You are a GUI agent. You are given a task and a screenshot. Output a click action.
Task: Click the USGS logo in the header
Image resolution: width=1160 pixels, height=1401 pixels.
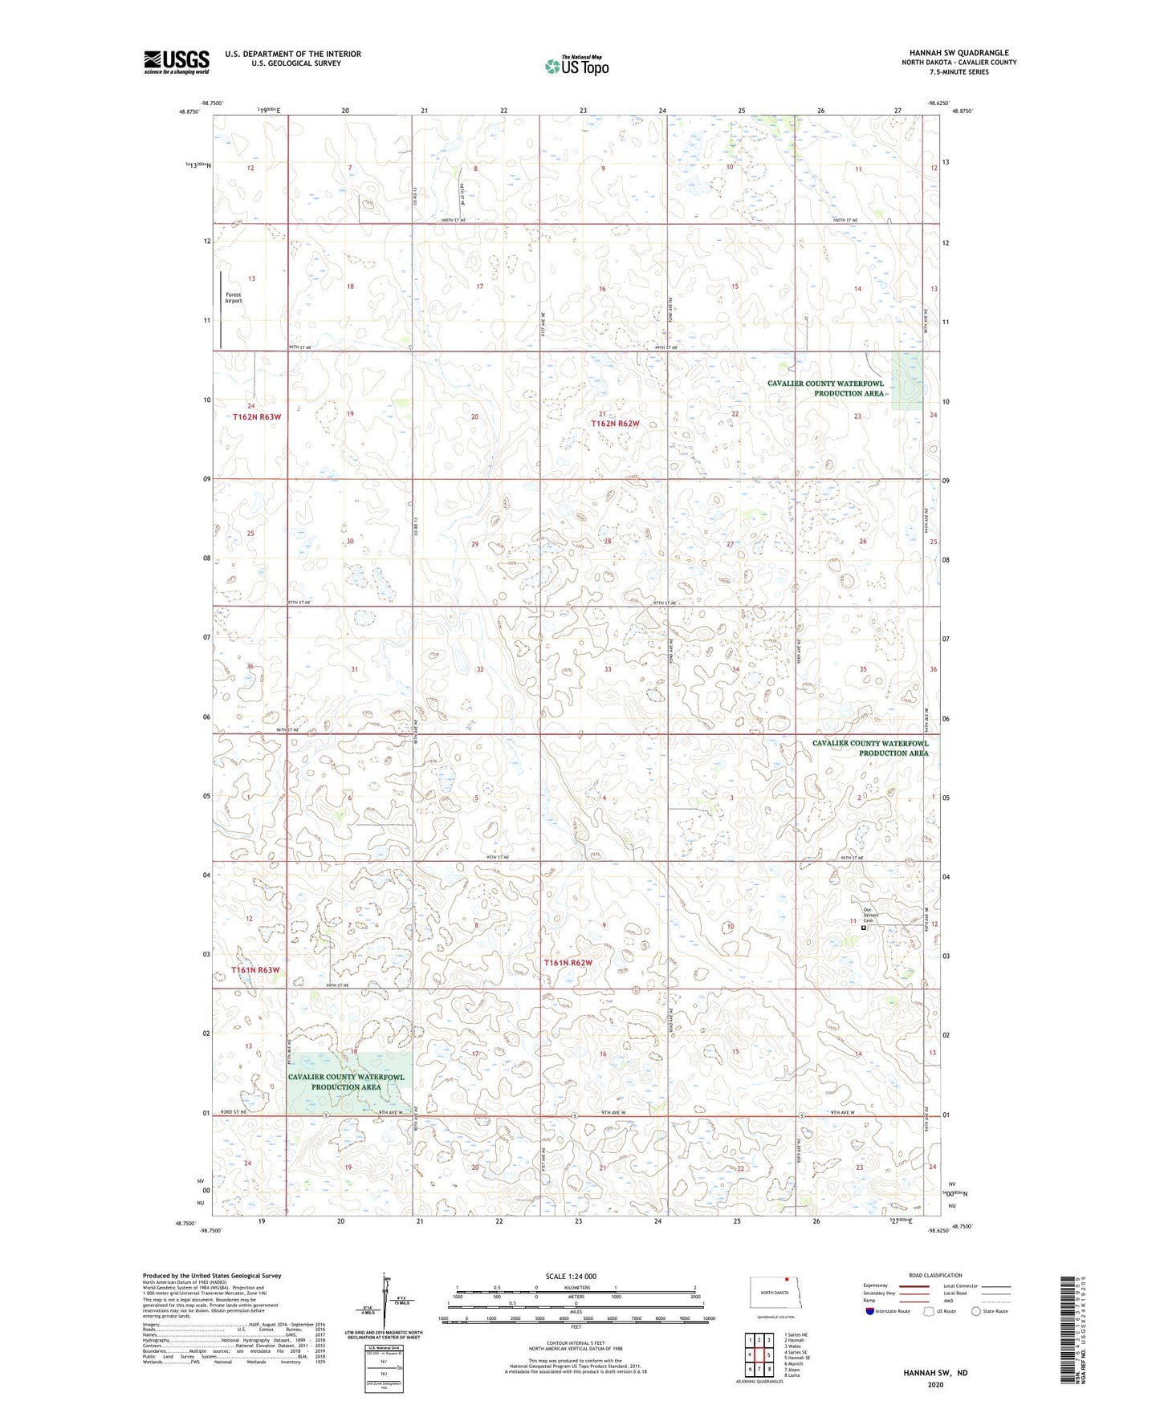pyautogui.click(x=176, y=61)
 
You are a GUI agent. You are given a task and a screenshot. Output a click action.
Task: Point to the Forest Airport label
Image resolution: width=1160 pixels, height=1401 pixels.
pyautogui.click(x=233, y=298)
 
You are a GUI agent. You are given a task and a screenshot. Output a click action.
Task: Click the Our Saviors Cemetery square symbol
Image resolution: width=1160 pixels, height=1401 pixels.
pyautogui.click(x=863, y=928)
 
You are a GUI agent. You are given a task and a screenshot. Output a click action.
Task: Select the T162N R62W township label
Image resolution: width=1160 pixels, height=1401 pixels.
pyautogui.click(x=615, y=423)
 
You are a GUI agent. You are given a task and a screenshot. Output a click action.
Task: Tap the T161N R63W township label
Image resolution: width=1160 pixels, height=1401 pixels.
pyautogui.click(x=256, y=970)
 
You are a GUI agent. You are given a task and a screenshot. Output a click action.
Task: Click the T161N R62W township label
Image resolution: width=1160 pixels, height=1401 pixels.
pyautogui.click(x=568, y=963)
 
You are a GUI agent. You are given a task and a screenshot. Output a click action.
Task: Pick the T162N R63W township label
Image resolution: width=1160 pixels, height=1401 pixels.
pyautogui.click(x=257, y=417)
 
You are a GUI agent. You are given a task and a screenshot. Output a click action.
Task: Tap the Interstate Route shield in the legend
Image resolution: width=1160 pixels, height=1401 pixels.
pyautogui.click(x=870, y=1311)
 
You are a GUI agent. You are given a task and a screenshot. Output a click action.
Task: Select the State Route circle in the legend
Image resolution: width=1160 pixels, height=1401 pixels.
pyautogui.click(x=975, y=1311)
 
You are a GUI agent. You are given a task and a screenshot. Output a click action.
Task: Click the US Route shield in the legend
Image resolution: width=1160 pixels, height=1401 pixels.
pyautogui.click(x=930, y=1311)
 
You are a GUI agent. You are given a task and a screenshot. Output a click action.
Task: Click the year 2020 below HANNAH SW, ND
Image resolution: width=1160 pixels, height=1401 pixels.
pyautogui.click(x=935, y=1384)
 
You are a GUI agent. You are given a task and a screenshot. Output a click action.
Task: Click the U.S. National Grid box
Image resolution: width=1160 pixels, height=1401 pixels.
pyautogui.click(x=379, y=1362)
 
